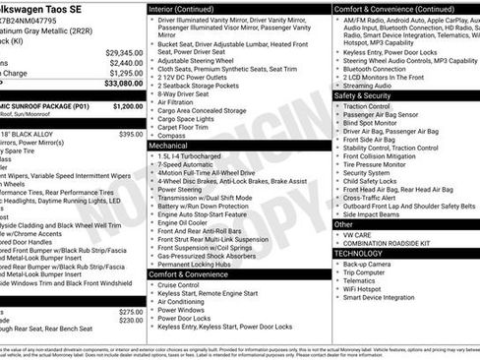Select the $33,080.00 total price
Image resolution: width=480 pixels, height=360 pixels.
(121, 83)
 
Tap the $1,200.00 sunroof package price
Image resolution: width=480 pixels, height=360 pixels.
(127, 104)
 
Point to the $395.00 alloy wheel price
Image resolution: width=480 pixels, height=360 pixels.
(130, 133)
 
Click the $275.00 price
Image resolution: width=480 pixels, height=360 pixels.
(129, 312)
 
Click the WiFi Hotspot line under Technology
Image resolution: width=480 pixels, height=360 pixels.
(366, 288)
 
